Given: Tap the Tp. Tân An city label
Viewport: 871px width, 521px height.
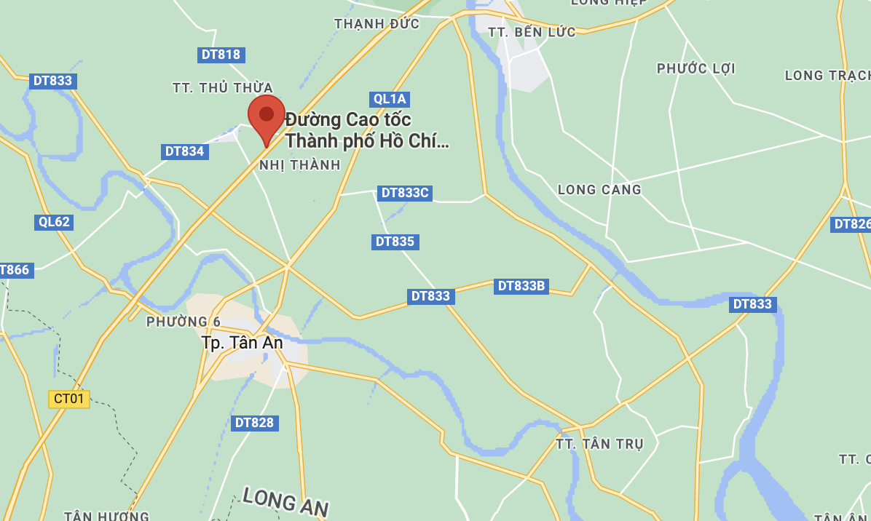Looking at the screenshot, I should coord(242,342).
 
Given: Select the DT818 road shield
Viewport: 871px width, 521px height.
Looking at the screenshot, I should coord(220,55).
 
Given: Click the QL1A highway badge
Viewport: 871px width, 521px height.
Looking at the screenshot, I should coord(390,99).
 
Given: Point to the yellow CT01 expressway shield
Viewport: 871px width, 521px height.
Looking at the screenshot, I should coord(70,399).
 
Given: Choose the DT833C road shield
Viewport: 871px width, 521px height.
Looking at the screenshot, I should coord(406,193).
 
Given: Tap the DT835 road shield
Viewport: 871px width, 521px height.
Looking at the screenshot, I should coord(395,242).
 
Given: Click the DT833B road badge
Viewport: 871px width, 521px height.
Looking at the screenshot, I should coord(521,286).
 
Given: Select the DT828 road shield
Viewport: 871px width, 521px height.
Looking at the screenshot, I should coord(255,423).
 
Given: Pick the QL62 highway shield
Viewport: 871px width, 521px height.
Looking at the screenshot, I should coord(54,222).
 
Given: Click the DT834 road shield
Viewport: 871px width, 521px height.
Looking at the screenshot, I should coord(184,151).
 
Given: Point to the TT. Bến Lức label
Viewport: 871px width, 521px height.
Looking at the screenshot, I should coord(532,32).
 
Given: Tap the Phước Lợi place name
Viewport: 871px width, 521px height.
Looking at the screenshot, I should coord(695,68).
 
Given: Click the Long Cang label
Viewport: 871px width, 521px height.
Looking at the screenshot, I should coord(599,190).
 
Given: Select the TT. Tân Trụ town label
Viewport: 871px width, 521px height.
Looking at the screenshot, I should coord(599,444).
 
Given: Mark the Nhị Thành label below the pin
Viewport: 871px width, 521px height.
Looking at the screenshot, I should coord(300,165).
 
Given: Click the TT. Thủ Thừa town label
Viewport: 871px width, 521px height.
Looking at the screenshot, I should coord(223,88).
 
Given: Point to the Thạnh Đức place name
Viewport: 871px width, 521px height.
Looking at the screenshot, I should coord(377,24).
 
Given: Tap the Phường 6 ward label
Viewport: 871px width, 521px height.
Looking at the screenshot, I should coord(183,322).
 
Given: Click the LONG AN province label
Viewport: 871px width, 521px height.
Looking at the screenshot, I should coord(285,502).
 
